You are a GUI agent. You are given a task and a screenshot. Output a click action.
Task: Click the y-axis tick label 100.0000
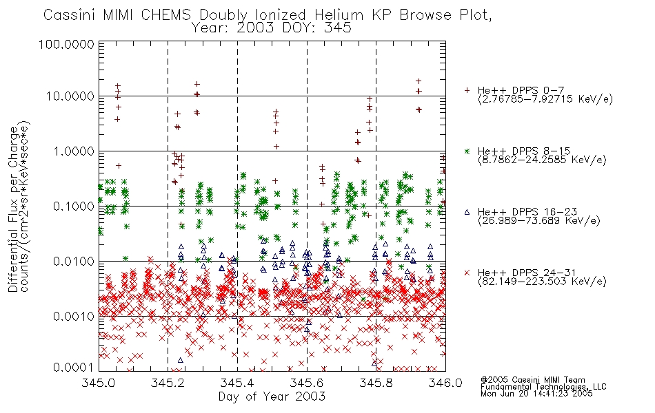click(x=66, y=44)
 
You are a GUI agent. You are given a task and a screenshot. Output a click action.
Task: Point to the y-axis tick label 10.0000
click(x=70, y=96)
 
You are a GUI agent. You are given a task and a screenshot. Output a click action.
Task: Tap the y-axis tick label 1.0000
click(x=74, y=151)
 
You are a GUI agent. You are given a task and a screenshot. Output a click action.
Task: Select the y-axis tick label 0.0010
click(x=74, y=316)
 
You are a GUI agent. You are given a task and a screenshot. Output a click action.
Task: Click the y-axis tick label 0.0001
click(x=74, y=368)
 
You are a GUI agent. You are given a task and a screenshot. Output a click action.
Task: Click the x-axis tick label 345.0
click(x=99, y=383)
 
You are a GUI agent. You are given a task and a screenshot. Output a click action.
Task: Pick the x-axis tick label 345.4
click(x=237, y=383)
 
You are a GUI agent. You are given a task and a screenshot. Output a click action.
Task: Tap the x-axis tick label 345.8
click(x=376, y=383)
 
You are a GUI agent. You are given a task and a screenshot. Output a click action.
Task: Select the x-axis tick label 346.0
click(x=445, y=383)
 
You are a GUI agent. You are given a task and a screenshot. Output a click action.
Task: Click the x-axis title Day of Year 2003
click(x=272, y=396)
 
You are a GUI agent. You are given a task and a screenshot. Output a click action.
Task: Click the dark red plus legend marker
click(x=467, y=90)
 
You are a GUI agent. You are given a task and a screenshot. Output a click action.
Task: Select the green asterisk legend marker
click(x=467, y=151)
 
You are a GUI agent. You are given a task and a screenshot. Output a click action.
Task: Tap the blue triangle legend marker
click(x=467, y=212)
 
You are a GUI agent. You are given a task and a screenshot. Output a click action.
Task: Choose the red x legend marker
click(x=467, y=273)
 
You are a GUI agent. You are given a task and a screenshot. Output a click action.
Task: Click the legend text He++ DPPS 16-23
click(x=527, y=212)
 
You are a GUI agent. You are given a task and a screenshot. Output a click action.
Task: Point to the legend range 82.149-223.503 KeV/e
click(x=542, y=282)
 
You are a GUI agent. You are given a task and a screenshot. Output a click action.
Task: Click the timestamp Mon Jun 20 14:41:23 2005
click(x=536, y=394)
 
